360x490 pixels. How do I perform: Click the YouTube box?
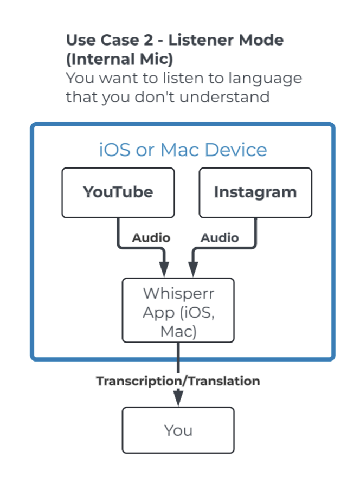click(x=118, y=192)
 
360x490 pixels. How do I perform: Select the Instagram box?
click(x=255, y=192)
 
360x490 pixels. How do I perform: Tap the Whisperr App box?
click(x=178, y=311)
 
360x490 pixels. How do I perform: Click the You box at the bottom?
click(x=178, y=430)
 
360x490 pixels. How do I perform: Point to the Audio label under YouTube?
click(x=151, y=237)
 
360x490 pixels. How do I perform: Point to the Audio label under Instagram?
click(x=220, y=237)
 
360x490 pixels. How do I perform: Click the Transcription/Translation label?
click(x=178, y=381)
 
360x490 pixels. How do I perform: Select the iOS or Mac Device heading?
click(x=183, y=150)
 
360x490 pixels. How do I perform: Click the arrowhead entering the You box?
click(x=178, y=398)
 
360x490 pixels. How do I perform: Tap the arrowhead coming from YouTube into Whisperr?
click(x=164, y=269)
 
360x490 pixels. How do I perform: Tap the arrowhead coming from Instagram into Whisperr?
click(x=192, y=269)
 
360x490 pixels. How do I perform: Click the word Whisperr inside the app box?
click(x=178, y=293)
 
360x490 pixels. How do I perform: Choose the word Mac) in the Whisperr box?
click(x=178, y=330)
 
